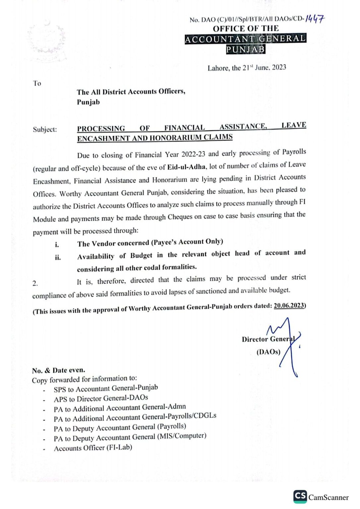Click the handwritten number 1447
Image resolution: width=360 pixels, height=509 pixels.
[315, 19]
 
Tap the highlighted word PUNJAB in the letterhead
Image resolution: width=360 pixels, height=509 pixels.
[246, 49]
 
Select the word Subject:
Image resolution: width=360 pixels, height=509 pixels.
[45, 129]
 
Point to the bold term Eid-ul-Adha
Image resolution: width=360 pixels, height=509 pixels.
[186, 167]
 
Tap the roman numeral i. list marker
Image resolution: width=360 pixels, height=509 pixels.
[57, 245]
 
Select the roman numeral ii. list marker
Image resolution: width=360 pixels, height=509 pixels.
[58, 257]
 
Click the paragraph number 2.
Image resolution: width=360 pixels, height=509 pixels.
[35, 283]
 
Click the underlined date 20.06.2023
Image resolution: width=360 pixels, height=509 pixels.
[289, 306]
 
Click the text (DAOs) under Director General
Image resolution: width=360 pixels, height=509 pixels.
[268, 352]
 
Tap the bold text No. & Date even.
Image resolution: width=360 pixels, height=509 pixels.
[59, 370]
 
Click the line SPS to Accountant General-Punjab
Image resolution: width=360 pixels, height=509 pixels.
[106, 388]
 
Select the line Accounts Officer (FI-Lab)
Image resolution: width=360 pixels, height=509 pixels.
[93, 448]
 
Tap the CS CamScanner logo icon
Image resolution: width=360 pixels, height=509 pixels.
[300, 496]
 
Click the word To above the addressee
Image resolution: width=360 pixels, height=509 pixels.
[37, 83]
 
